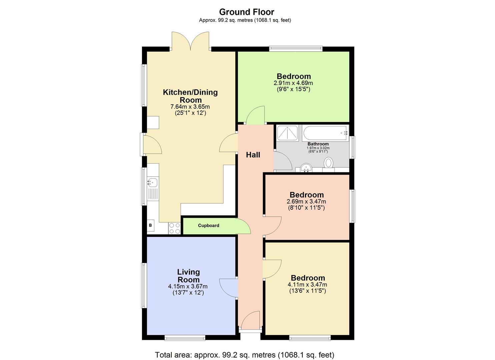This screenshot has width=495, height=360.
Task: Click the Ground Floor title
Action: [x=247, y=12]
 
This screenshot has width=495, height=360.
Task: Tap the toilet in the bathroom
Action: [x=329, y=163]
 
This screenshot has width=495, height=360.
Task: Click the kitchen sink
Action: [x=153, y=182]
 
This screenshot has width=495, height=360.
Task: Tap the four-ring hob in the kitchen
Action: [x=174, y=228]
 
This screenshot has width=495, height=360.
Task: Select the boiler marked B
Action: [x=151, y=226]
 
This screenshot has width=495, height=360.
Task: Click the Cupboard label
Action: [x=209, y=226]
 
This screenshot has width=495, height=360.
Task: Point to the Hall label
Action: [x=253, y=155]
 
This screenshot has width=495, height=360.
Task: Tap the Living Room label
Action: [x=188, y=276]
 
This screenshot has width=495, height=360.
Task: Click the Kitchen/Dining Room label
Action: [x=190, y=96]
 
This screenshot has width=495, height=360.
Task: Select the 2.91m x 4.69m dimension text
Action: [x=293, y=83]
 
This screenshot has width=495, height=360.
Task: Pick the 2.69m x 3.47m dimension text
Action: [x=306, y=202]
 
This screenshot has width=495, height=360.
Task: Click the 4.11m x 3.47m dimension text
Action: [x=307, y=285]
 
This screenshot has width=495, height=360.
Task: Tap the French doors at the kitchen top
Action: [x=190, y=42]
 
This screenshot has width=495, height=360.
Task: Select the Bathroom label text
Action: [x=318, y=144]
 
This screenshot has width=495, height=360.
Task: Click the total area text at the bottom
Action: [x=245, y=355]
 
